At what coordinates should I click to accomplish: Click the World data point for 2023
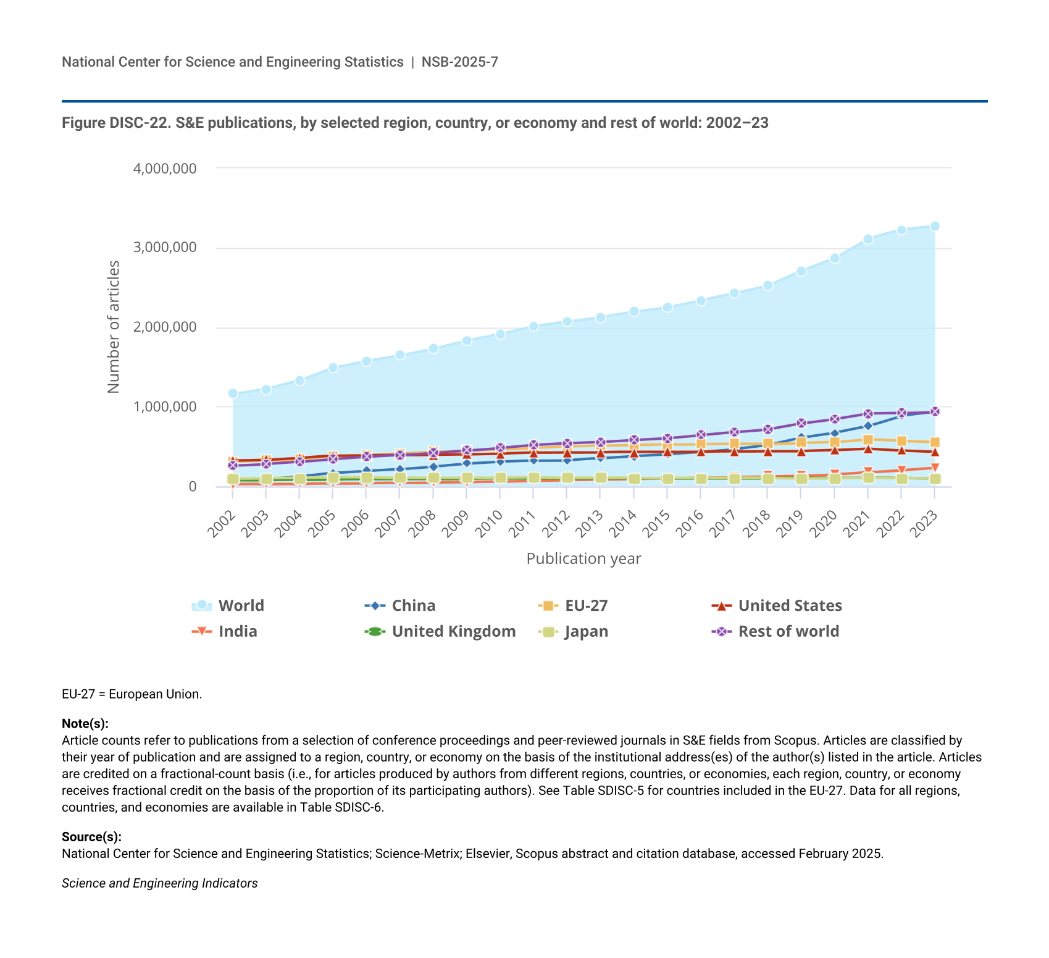tap(935, 226)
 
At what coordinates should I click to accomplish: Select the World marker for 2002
tap(233, 393)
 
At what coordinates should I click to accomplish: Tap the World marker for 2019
tap(801, 271)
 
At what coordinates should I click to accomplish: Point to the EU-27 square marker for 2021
tap(868, 440)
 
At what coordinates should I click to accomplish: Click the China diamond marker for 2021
tap(868, 426)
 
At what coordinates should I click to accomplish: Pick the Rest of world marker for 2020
tap(835, 419)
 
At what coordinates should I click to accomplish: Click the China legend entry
tap(401, 605)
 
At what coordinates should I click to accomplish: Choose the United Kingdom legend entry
tap(441, 631)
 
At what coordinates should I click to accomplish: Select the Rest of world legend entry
tap(777, 631)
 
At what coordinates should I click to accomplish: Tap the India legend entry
tap(225, 631)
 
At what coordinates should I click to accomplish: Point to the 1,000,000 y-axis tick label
tap(165, 407)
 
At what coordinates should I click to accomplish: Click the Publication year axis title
tap(583, 559)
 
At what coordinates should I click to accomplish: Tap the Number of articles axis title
tap(114, 327)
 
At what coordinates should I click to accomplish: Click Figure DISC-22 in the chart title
tap(115, 123)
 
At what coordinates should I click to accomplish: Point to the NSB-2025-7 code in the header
tap(460, 62)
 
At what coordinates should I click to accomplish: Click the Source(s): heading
tap(91, 837)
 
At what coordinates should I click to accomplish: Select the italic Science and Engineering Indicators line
tap(159, 883)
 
